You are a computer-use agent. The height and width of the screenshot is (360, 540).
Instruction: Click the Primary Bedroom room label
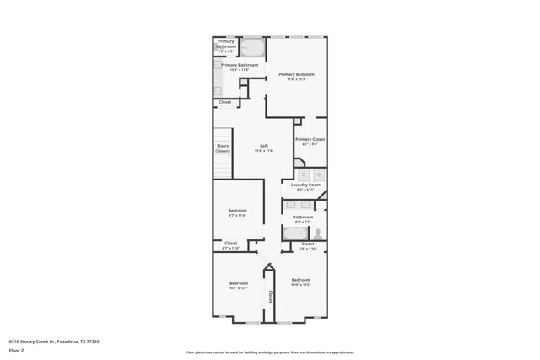tap(296, 75)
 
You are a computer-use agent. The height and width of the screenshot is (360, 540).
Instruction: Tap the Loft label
tap(264, 147)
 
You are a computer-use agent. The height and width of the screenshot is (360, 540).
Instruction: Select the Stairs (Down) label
tap(223, 148)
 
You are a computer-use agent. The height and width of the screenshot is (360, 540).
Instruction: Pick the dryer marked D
tap(306, 175)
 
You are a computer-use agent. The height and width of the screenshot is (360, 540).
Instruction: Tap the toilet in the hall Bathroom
tap(318, 233)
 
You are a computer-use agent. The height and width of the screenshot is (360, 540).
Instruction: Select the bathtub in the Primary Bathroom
tap(253, 47)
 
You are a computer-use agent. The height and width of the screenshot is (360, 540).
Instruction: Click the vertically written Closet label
tap(270, 296)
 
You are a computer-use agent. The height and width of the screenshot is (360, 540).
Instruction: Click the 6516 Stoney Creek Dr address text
tap(48, 341)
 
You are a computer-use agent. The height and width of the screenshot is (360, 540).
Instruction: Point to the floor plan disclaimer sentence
tap(270, 352)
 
